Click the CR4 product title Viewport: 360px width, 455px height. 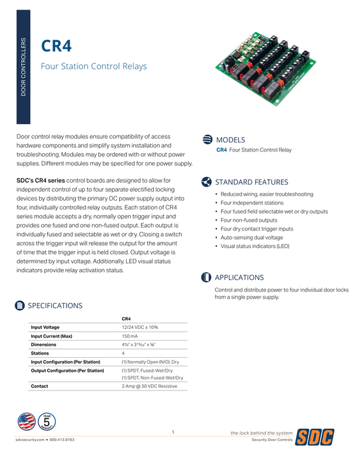(x=56, y=46)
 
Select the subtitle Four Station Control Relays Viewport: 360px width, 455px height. (x=93, y=66)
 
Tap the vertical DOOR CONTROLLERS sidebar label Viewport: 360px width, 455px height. (x=24, y=67)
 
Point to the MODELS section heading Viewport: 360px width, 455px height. (x=230, y=139)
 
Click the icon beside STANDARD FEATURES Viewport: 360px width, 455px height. (x=207, y=181)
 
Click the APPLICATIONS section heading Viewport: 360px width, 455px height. (x=239, y=277)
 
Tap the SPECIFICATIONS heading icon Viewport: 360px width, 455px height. (x=20, y=305)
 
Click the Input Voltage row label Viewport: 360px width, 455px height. (x=45, y=327)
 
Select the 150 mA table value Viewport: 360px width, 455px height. (x=131, y=335)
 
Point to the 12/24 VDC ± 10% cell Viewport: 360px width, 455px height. (x=139, y=327)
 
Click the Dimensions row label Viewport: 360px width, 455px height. (x=43, y=344)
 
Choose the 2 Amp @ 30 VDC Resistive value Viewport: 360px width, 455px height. (x=149, y=386)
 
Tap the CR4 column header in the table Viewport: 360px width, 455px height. (x=126, y=318)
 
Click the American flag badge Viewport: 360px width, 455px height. (x=27, y=421)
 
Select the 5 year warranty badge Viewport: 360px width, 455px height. (x=47, y=422)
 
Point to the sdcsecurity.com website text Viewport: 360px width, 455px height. (x=30, y=440)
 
